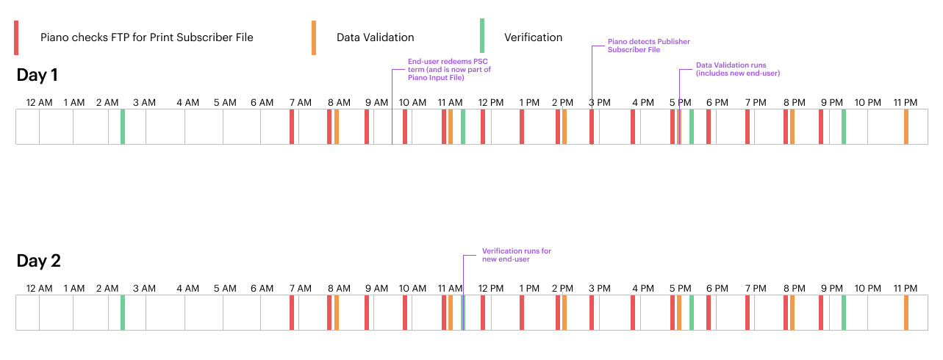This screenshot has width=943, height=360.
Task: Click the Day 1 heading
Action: (x=37, y=75)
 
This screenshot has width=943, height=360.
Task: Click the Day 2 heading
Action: (x=38, y=261)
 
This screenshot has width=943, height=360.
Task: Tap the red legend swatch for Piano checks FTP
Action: (x=16, y=38)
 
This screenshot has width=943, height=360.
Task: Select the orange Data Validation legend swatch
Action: (x=314, y=38)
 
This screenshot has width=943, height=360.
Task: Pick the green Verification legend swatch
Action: (x=482, y=35)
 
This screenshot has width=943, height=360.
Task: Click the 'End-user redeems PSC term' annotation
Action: (x=449, y=70)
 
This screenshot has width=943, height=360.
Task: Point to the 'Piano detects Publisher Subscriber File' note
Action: (x=649, y=46)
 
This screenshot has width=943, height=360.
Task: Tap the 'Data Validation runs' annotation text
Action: (x=737, y=69)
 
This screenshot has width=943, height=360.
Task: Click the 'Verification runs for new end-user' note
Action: (x=517, y=255)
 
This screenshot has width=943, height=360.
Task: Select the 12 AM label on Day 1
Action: (x=39, y=102)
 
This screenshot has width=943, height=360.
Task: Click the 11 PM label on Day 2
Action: (x=905, y=289)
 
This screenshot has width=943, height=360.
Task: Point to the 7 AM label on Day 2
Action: (x=300, y=289)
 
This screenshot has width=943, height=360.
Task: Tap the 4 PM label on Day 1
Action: (x=643, y=102)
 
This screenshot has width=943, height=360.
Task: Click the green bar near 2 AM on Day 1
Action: (x=123, y=127)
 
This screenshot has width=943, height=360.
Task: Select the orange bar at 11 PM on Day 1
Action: (x=906, y=127)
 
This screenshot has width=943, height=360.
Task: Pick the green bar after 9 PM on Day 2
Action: (x=844, y=312)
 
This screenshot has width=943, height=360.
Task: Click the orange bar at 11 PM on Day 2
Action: (x=906, y=312)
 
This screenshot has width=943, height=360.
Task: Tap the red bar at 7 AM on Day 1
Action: (x=292, y=127)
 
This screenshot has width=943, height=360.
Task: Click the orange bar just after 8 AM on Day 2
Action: (x=337, y=312)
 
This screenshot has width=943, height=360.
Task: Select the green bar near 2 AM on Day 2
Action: (x=123, y=312)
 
